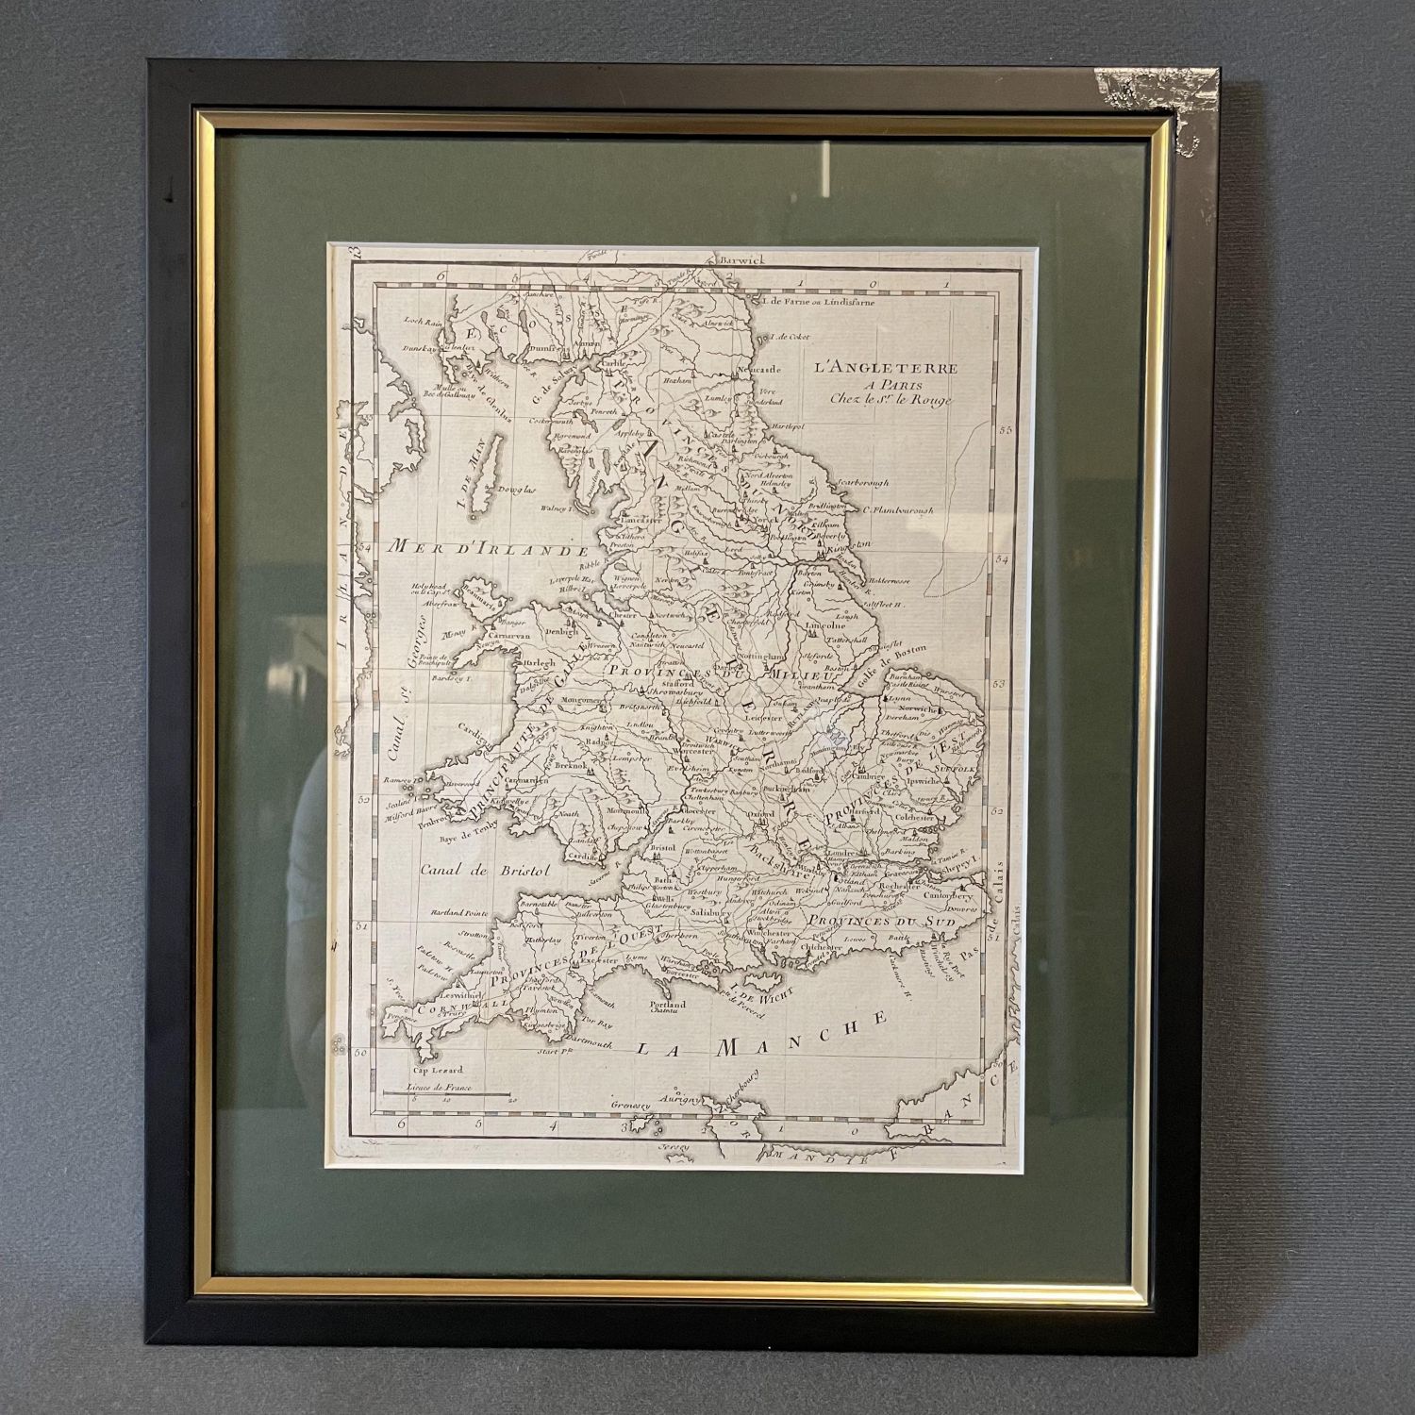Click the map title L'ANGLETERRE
tap(886, 369)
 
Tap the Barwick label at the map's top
tap(744, 258)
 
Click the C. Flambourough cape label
tap(884, 509)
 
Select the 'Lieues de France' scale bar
tap(444, 1090)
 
